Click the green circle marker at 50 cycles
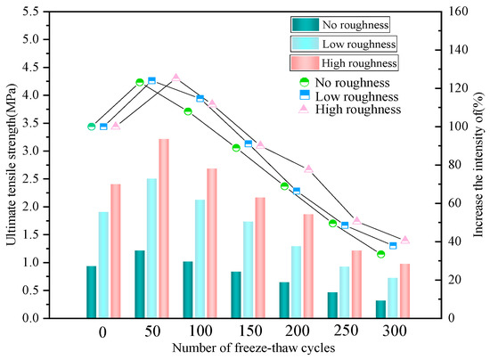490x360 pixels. tap(140, 82)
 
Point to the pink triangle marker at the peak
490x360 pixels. tap(176, 78)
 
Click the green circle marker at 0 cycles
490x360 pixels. tap(91, 127)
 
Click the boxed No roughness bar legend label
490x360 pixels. tap(367, 24)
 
